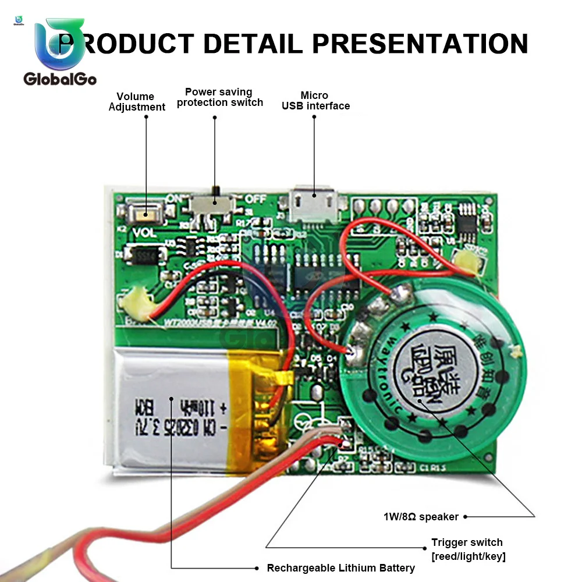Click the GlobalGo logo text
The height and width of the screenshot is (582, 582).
pos(60,79)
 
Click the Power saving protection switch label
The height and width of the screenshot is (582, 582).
pos(219,97)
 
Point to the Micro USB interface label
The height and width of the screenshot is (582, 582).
pos(315,101)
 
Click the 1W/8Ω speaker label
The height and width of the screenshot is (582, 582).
pos(420,516)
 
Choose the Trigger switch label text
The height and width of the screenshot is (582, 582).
pos(467,542)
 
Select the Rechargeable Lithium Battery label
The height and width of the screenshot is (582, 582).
pos(340,568)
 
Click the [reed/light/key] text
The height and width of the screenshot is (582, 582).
pos(468,556)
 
